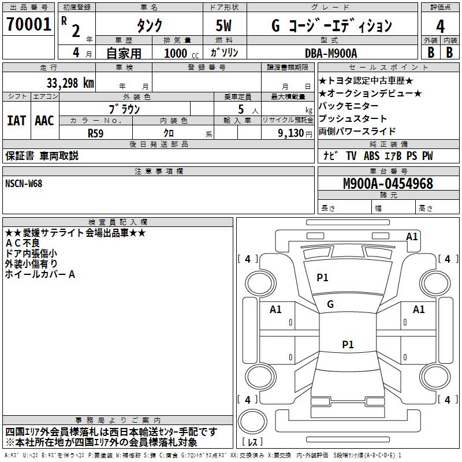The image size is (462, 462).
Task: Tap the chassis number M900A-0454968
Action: pyautogui.click(x=388, y=184)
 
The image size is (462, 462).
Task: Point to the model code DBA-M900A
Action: pyautogui.click(x=331, y=53)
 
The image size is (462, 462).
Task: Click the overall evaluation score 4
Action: pyautogui.click(x=440, y=26)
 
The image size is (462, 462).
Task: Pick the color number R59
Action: pyautogui.click(x=95, y=132)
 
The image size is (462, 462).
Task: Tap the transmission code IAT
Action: pyautogui.click(x=16, y=121)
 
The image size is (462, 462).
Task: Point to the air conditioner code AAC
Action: pyautogui.click(x=44, y=121)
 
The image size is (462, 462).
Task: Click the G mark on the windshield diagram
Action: pyautogui.click(x=330, y=304)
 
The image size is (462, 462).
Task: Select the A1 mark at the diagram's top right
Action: pyautogui.click(x=412, y=237)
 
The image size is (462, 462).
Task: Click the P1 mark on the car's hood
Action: pyautogui.click(x=322, y=278)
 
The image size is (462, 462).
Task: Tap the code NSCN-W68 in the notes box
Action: pyautogui.click(x=24, y=184)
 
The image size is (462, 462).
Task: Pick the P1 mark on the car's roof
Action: pyautogui.click(x=348, y=345)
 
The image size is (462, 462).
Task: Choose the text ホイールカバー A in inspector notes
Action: pyautogui.click(x=40, y=275)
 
